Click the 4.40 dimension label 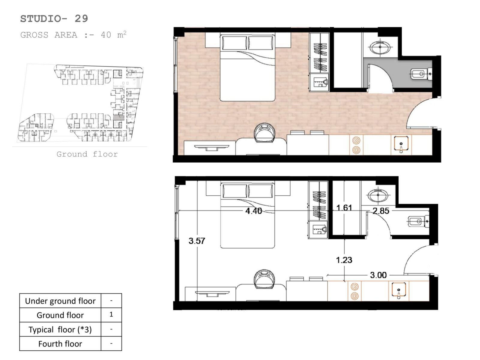click(x=253, y=211)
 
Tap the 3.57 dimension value click(x=197, y=241)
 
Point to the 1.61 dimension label click(x=344, y=207)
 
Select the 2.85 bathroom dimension click(x=381, y=211)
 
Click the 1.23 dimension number click(x=344, y=260)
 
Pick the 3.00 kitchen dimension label click(x=378, y=275)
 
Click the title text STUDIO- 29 click(x=54, y=19)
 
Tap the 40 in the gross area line click(x=106, y=35)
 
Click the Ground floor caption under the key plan click(x=87, y=154)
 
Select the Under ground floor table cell click(x=60, y=301)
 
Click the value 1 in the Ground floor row click(x=111, y=314)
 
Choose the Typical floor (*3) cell click(x=60, y=329)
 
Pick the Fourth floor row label click(x=60, y=344)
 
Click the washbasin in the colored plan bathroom click(x=380, y=47)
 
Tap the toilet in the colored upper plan click(x=421, y=74)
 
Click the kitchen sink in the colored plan click(x=401, y=144)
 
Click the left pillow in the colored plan click(x=234, y=43)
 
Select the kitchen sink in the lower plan click(x=399, y=291)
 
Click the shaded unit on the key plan click(x=119, y=117)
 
